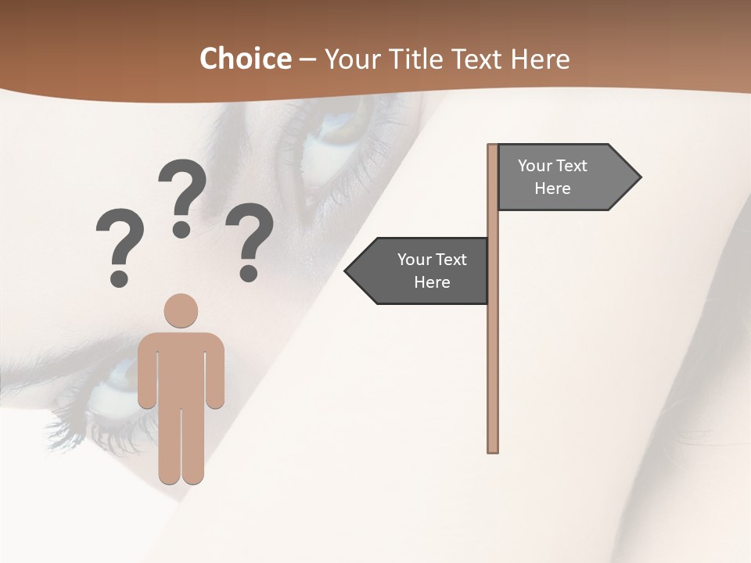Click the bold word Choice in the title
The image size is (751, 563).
pos(245,59)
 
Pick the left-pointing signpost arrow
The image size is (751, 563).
pos(419,271)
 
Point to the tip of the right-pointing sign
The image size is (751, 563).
pos(638,178)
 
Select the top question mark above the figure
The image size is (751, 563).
pos(183,188)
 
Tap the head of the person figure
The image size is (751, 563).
pos(181,310)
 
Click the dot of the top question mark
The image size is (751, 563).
pos(181,229)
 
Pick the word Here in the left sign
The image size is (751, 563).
pos(432,282)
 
